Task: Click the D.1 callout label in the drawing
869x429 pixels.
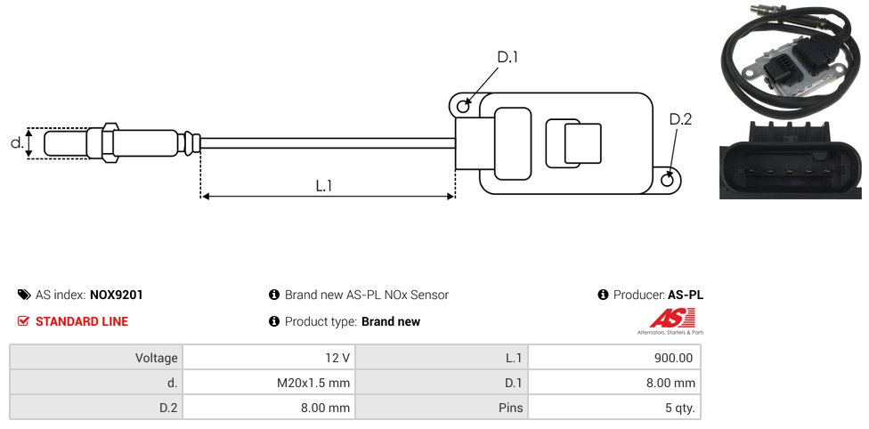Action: coord(508,58)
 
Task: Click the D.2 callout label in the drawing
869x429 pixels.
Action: coord(680,120)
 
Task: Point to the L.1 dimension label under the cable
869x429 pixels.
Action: coord(324,186)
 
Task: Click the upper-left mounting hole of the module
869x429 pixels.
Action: coord(463,107)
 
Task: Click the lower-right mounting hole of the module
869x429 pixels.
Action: coord(669,180)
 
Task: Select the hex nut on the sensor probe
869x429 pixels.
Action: coord(110,142)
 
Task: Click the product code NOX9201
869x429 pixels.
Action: coord(117,295)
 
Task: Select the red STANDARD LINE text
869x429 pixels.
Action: coord(82,321)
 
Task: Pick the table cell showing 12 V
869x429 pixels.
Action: coord(337,358)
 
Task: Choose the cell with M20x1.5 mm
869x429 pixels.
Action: coord(313,383)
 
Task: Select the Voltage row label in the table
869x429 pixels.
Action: coord(157,358)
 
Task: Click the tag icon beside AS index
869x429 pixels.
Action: coord(24,295)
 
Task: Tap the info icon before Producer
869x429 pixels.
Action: coord(604,295)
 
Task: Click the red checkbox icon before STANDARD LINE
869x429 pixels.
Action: coord(24,321)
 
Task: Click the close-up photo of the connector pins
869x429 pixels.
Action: coord(791,160)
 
